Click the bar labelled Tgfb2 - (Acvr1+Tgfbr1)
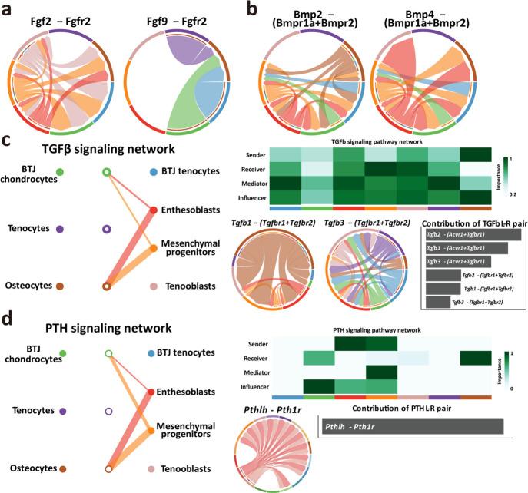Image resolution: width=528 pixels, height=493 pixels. coord(472,234)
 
